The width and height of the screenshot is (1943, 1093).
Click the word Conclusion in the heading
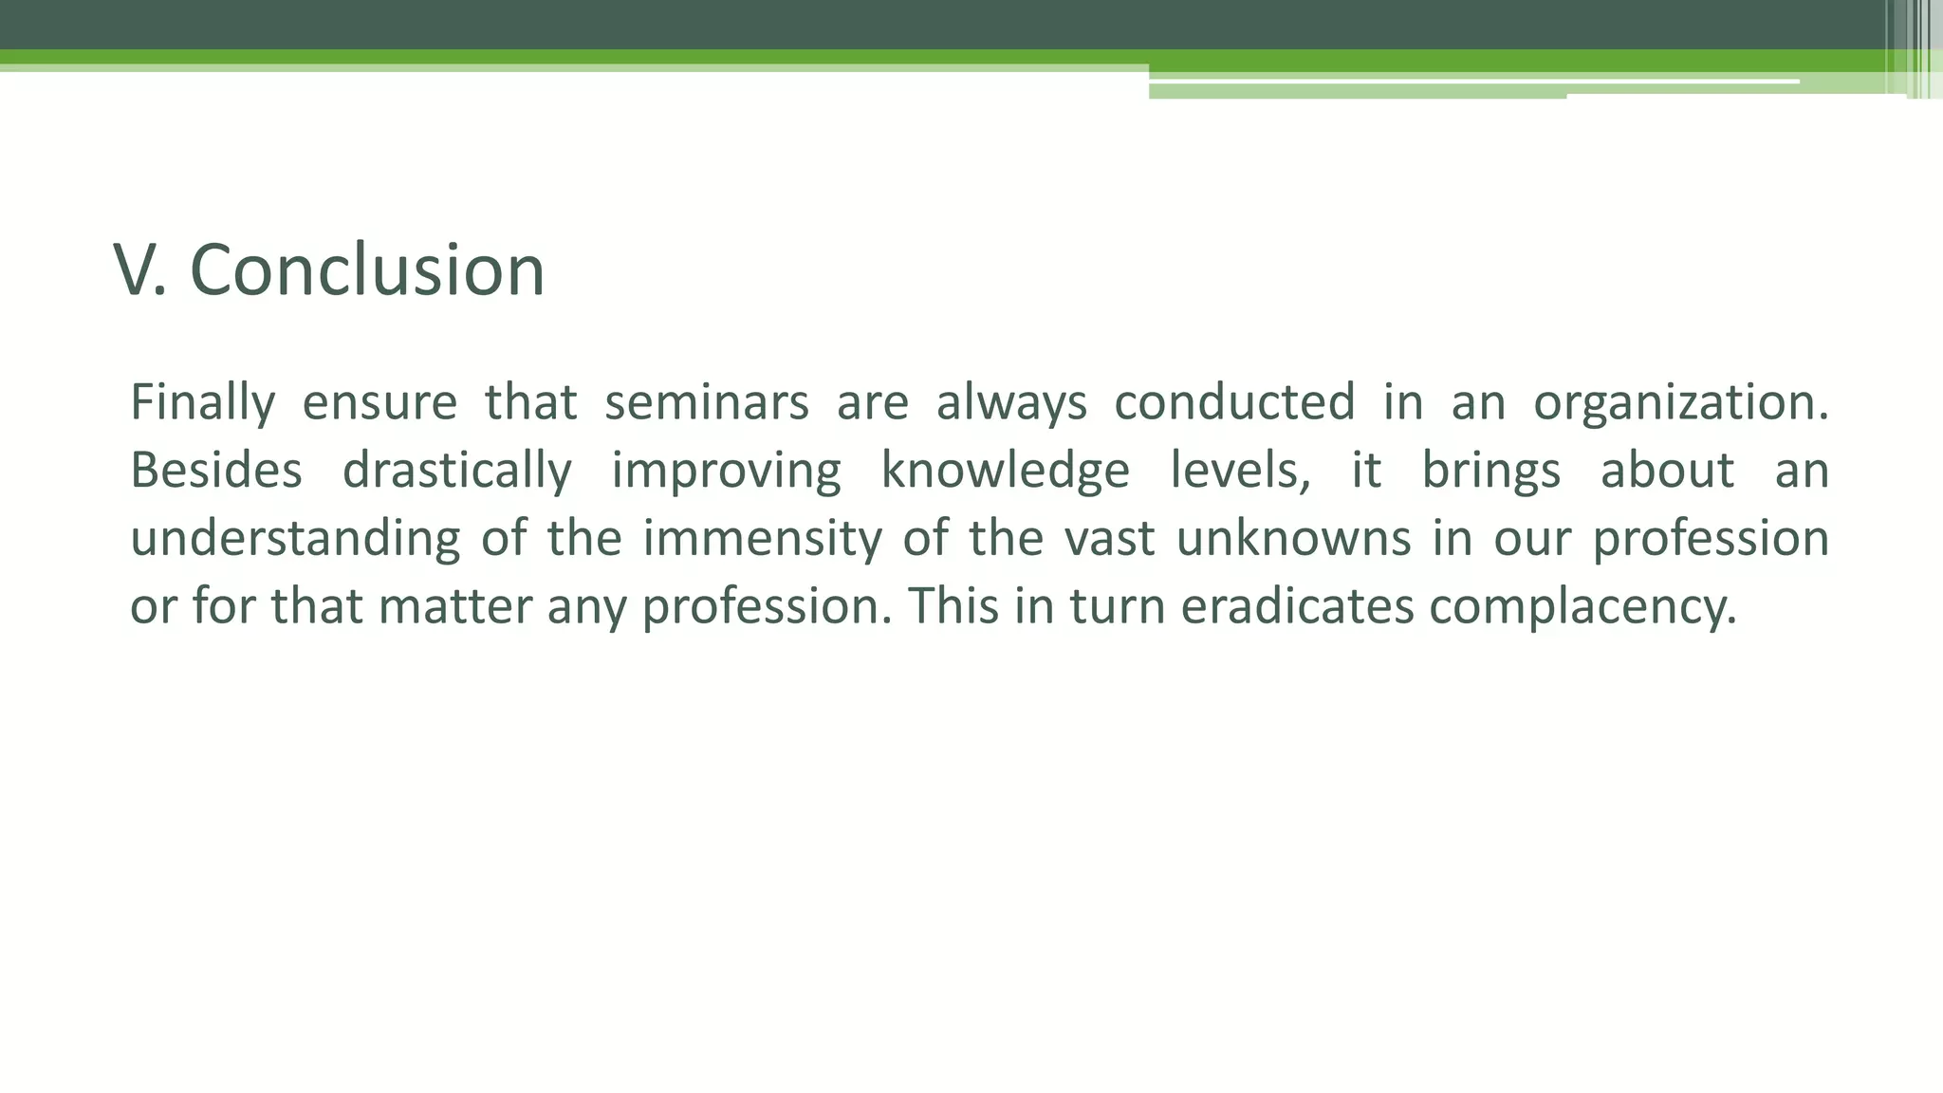point(368,270)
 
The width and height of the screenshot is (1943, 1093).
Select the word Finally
point(202,402)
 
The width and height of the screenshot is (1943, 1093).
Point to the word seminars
point(706,402)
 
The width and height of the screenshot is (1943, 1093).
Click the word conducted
point(1234,402)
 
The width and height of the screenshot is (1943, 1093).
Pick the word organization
point(1680,402)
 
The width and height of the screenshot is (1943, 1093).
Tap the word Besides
point(215,471)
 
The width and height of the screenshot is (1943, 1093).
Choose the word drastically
point(456,471)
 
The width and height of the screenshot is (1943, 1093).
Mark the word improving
point(726,471)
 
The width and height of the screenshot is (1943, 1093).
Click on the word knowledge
point(1006,471)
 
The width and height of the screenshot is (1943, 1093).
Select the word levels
point(1240,471)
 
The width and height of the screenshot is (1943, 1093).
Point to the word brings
point(1490,471)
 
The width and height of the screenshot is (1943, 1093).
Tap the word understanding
point(295,539)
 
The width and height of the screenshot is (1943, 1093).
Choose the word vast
point(1109,539)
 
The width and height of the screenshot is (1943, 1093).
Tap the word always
point(1011,402)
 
